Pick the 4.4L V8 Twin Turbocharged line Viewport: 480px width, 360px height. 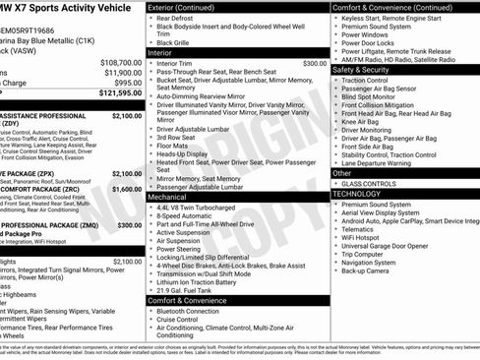[x=197, y=208]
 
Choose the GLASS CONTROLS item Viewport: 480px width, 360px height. [x=368, y=183]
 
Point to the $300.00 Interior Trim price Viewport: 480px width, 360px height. [x=315, y=63]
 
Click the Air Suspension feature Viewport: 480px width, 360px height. [x=179, y=240]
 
